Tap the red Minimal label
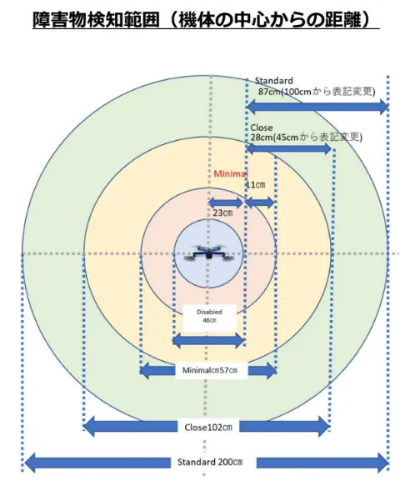click(x=231, y=174)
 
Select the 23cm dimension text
click(x=222, y=213)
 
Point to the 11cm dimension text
click(x=255, y=185)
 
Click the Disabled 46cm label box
click(x=209, y=318)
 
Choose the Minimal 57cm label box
click(x=211, y=370)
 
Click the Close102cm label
click(x=208, y=427)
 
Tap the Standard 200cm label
click(x=210, y=462)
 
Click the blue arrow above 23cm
click(x=226, y=203)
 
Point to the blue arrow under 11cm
click(x=260, y=203)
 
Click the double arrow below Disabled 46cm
click(x=209, y=341)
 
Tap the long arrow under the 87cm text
click(x=317, y=108)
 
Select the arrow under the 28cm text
click(x=289, y=148)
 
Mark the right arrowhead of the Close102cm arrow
click(x=324, y=427)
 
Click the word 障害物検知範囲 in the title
click(x=96, y=19)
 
